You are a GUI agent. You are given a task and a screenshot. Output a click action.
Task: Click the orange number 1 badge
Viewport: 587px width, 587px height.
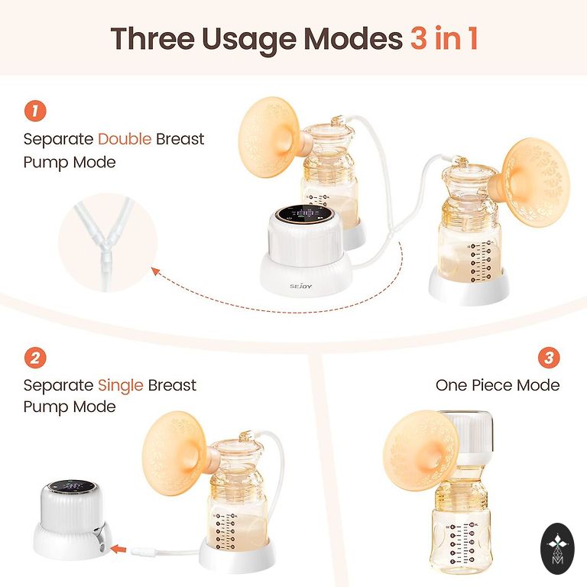point(35,111)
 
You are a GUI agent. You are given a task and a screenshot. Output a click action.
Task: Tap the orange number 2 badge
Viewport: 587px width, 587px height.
point(35,358)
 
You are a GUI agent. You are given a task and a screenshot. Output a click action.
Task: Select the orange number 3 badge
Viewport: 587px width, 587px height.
point(549,358)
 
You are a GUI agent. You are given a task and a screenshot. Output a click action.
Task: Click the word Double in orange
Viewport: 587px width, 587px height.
point(125,139)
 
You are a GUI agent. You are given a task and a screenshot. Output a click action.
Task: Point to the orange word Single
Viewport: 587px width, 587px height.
point(121,385)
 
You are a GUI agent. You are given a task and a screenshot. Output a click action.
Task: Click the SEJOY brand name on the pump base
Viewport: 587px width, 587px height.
point(300,287)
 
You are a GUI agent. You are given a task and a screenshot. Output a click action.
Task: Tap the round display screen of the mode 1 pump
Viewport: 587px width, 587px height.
point(304,214)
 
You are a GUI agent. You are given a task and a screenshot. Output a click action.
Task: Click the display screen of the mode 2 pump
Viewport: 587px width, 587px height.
point(71,486)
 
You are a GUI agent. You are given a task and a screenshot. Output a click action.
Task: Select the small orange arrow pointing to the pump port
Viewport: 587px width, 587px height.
point(118,550)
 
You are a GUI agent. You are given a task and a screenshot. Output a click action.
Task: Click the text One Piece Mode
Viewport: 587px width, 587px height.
point(498,385)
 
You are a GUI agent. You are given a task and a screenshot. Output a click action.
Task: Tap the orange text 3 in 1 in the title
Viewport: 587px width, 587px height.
point(444,37)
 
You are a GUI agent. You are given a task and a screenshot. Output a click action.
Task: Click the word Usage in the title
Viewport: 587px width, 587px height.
point(249,40)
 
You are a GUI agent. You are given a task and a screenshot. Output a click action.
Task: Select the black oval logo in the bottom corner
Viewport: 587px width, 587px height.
point(557,549)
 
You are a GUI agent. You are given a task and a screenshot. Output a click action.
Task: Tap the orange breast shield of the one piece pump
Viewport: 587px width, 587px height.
point(421,449)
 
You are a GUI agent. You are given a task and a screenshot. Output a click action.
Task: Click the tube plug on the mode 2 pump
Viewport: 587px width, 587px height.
point(142,551)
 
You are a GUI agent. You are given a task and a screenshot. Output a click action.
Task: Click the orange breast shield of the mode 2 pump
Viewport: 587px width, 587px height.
point(176,453)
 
